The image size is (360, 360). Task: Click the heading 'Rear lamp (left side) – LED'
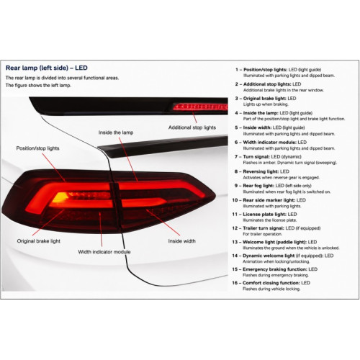47,68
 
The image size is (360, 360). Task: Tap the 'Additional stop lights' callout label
192,127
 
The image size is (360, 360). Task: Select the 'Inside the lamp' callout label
116,132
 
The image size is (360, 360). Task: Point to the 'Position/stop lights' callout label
37,148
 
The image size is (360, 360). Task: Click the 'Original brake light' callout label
39,241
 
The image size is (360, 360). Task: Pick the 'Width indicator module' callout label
104,252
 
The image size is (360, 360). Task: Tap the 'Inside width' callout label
181,241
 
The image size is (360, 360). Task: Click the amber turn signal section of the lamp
60,197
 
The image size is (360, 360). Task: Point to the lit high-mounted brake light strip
200,107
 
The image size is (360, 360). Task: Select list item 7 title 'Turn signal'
256,157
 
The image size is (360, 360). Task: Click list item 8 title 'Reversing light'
261,171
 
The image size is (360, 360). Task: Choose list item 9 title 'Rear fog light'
258,186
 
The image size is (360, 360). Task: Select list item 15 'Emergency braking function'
275,269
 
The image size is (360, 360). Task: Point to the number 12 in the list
235,228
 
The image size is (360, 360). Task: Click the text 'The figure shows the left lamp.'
38,86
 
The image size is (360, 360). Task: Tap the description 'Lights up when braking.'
266,104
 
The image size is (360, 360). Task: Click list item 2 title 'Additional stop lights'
267,84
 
